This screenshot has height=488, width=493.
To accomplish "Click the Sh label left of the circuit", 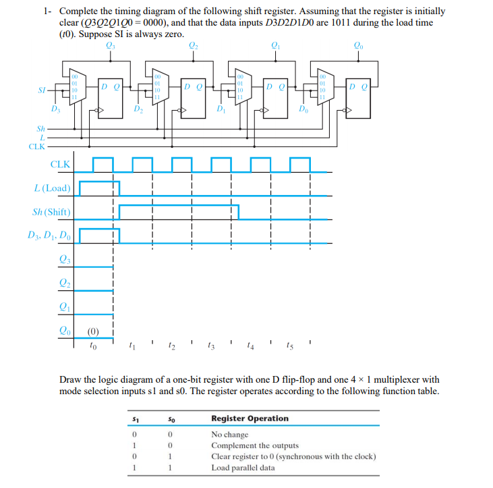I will (x=40, y=126).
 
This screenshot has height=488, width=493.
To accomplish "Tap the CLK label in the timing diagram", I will (x=60, y=164).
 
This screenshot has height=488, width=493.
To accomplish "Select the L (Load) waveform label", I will (x=52, y=187).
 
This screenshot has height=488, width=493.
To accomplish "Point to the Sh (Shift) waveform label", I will (x=51, y=212).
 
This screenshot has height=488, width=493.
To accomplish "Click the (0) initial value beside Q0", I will (x=94, y=332).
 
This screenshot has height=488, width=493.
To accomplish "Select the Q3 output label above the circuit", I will (x=111, y=46).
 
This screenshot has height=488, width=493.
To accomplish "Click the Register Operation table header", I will (x=250, y=418).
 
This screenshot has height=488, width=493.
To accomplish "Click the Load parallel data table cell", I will (x=243, y=467).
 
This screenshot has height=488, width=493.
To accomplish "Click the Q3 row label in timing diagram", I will (x=64, y=259).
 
